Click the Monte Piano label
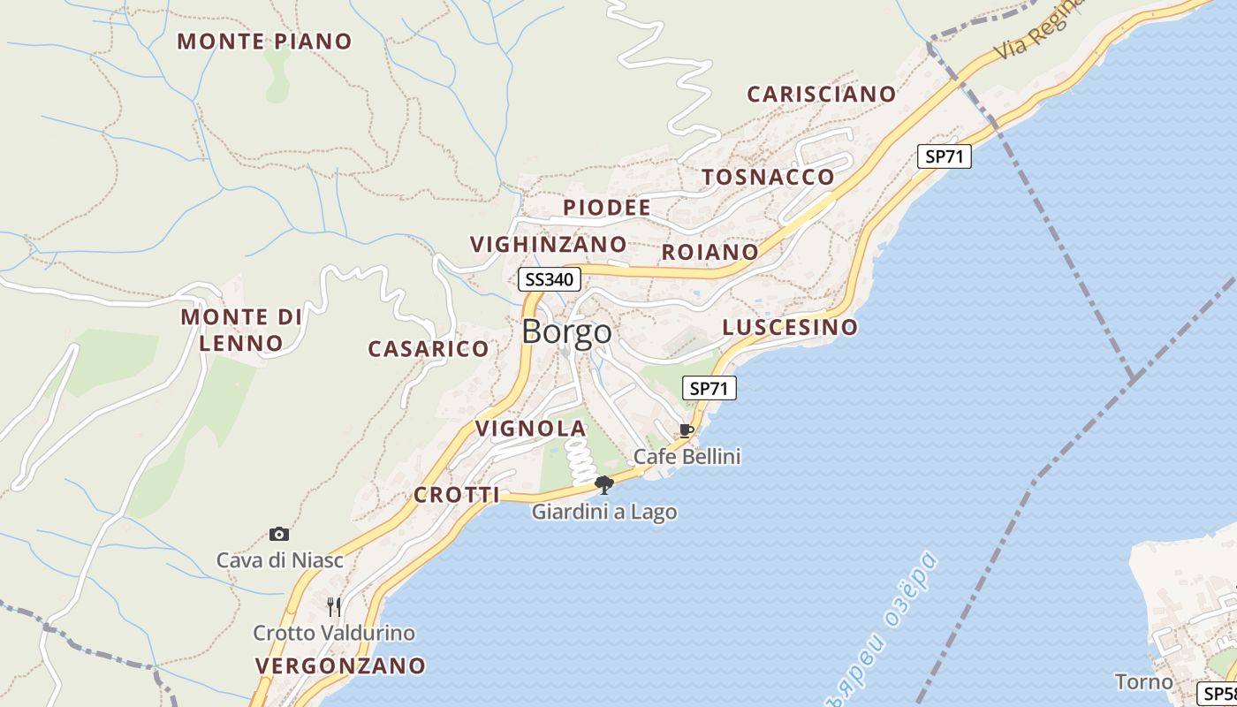(x=265, y=42)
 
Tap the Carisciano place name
(x=822, y=94)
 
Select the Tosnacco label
(x=768, y=177)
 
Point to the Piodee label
(x=607, y=208)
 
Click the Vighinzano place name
(x=548, y=244)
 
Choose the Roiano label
(x=710, y=252)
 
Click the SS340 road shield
(x=549, y=280)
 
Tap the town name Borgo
(x=566, y=331)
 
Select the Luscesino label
(x=790, y=327)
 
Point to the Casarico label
(x=429, y=349)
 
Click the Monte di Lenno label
(x=241, y=330)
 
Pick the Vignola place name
(x=530, y=429)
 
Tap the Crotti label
(x=457, y=495)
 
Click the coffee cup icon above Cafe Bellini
(x=687, y=431)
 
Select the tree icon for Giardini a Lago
(x=604, y=484)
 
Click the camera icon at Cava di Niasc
(x=279, y=534)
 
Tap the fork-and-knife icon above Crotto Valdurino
(x=334, y=606)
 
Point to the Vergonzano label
(x=340, y=665)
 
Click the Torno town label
(x=1143, y=682)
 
